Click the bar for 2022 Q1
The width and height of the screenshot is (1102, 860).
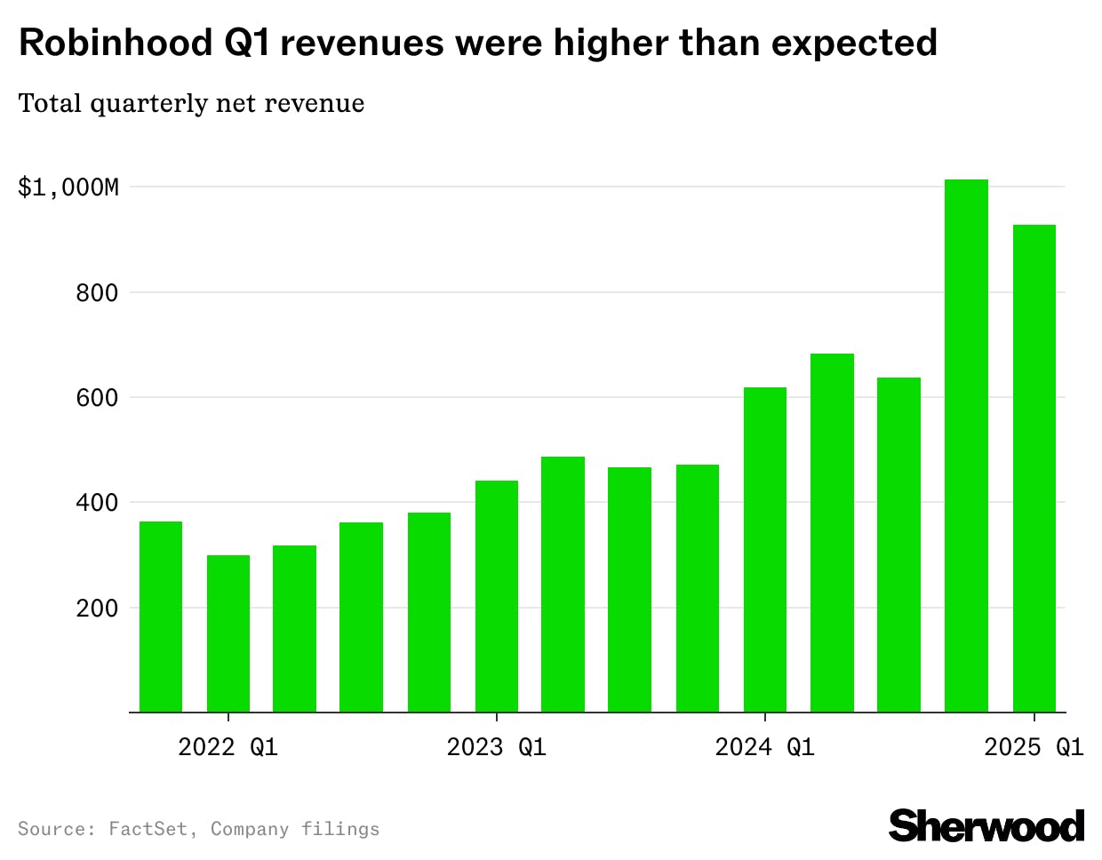pos(228,633)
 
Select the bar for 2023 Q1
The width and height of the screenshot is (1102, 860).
pos(497,596)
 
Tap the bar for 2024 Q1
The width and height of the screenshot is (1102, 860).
pos(765,550)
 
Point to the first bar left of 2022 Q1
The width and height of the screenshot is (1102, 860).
pos(161,617)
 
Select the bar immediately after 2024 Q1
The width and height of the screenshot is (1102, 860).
pos(832,533)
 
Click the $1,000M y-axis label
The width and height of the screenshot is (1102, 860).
pos(68,187)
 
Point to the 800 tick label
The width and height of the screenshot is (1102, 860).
pos(97,292)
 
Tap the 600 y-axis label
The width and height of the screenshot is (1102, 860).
pos(97,398)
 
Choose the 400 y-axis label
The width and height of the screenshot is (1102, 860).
pos(97,503)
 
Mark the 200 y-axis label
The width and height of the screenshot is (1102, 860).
pos(97,609)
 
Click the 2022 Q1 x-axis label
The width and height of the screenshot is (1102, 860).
pos(228,747)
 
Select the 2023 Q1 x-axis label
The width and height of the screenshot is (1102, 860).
pos(497,747)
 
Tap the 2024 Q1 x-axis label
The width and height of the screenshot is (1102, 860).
pos(765,747)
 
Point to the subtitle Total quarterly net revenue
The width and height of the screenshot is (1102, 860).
pos(191,104)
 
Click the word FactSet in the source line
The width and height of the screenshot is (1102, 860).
pos(148,829)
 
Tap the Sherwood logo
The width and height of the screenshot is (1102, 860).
pos(986,826)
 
